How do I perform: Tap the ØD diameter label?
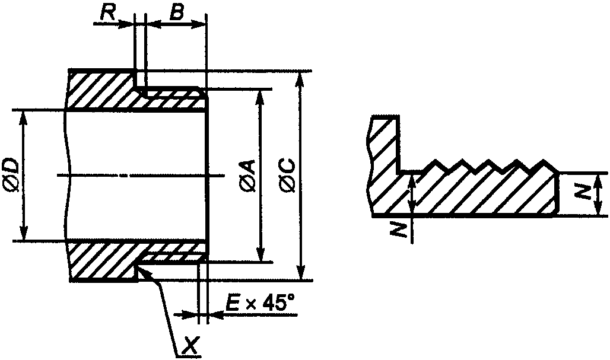[11, 175]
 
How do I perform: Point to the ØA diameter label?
[247, 176]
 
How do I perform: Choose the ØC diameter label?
[287, 176]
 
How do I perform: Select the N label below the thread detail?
[398, 230]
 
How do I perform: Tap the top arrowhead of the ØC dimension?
[300, 77]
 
